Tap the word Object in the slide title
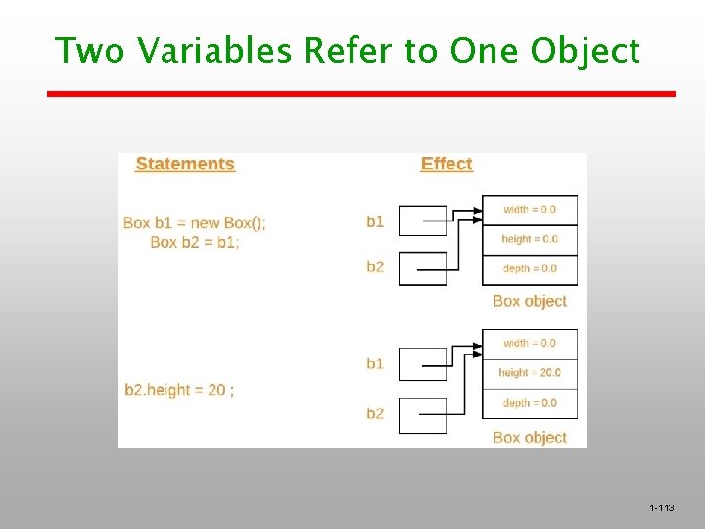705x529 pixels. [x=586, y=50]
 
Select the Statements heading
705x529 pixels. [x=185, y=164]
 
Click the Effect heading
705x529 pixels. [x=446, y=164]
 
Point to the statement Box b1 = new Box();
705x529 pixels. [x=195, y=222]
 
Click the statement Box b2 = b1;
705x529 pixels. [x=195, y=242]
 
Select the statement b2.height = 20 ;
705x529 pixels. [x=179, y=390]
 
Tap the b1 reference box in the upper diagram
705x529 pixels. [x=423, y=220]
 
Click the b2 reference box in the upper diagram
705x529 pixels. [x=423, y=267]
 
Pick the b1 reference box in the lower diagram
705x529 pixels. [x=423, y=363]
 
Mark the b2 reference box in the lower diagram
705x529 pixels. [x=423, y=414]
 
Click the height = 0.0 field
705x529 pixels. [x=530, y=239]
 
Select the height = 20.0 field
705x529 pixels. [x=530, y=373]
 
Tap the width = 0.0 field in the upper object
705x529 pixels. [x=530, y=210]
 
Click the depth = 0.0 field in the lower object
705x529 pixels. [x=530, y=403]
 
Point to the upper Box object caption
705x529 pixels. [x=530, y=301]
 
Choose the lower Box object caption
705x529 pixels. [x=530, y=437]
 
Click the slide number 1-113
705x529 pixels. [x=662, y=508]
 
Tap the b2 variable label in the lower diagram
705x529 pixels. [x=375, y=414]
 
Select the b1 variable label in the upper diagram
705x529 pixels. [x=375, y=221]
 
